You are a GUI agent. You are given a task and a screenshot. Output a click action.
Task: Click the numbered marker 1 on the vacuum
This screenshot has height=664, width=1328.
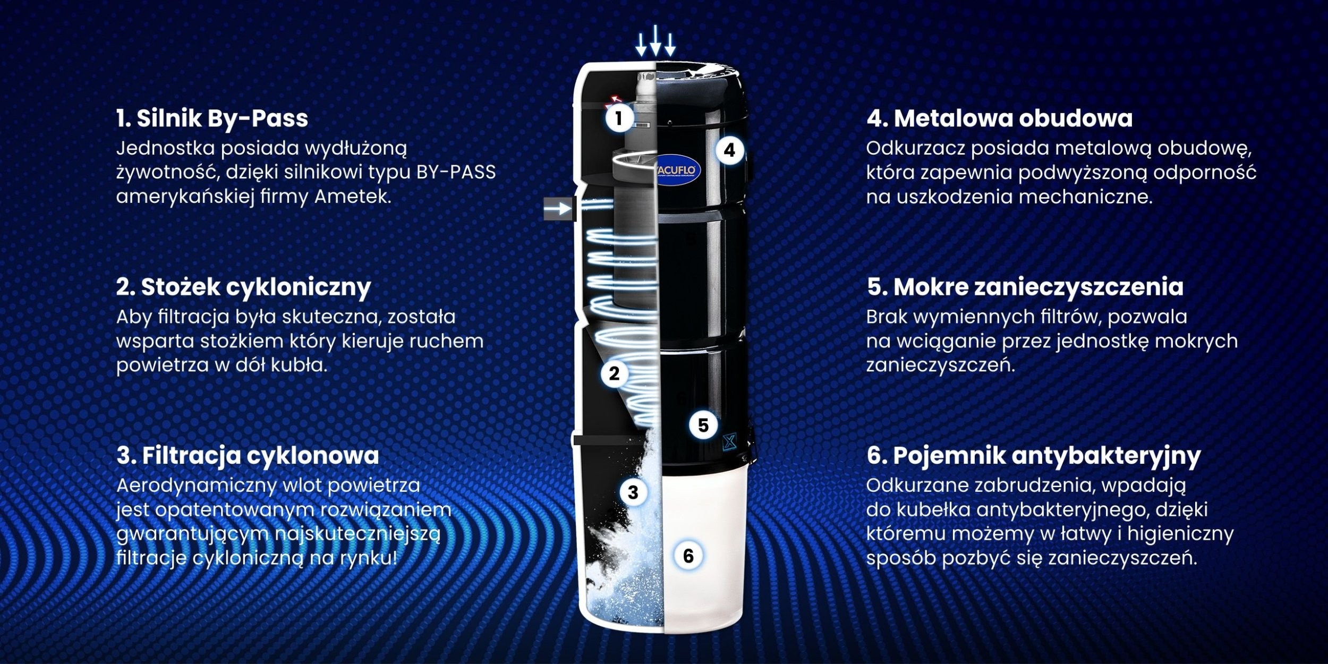click(x=618, y=118)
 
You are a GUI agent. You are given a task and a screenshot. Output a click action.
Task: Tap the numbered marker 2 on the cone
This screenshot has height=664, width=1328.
click(x=615, y=373)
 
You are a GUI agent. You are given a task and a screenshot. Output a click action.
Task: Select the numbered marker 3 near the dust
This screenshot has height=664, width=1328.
click(x=633, y=492)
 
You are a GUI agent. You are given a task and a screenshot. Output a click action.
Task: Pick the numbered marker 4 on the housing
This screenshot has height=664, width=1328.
click(x=729, y=150)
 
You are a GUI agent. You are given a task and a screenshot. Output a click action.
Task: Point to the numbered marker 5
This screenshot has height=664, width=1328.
click(x=703, y=425)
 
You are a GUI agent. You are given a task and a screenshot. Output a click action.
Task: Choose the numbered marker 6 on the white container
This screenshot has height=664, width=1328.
click(x=688, y=556)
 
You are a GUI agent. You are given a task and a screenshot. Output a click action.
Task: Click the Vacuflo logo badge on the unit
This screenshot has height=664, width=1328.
click(x=679, y=170)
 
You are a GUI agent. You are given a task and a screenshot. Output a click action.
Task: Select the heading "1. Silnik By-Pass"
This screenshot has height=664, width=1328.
click(x=212, y=118)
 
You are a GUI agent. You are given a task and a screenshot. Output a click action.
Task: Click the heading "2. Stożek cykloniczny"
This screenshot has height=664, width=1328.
click(x=243, y=287)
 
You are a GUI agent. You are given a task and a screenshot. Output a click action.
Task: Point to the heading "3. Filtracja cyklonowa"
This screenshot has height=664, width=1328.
click(x=248, y=456)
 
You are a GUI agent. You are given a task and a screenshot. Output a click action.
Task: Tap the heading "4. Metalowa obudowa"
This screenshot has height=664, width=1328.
click(x=999, y=118)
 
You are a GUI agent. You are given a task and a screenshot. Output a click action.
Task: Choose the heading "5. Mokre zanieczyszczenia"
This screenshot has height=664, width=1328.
click(x=1025, y=287)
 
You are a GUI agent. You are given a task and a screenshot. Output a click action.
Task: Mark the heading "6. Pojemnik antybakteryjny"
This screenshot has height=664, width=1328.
click(x=1034, y=456)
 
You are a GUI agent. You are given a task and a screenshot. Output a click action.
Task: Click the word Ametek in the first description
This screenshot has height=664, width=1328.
click(x=353, y=197)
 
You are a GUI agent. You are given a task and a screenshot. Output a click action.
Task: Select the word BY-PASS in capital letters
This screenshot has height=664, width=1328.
click(x=456, y=172)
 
